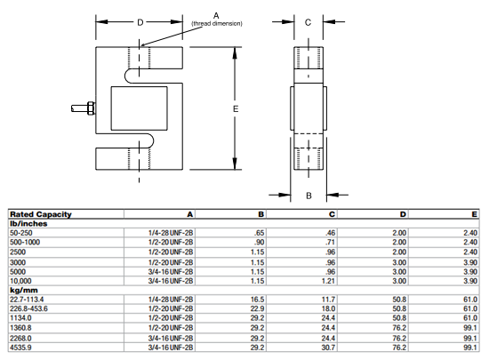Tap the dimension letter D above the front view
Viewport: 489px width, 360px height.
[140, 22]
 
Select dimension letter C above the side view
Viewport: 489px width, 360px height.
[307, 23]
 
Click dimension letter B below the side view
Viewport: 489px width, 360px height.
[307, 194]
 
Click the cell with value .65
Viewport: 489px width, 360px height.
[259, 232]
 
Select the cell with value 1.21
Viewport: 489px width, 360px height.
[329, 280]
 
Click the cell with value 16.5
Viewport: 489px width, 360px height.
[258, 299]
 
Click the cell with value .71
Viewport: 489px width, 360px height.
[330, 242]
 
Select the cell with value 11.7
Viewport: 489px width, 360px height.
[328, 299]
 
